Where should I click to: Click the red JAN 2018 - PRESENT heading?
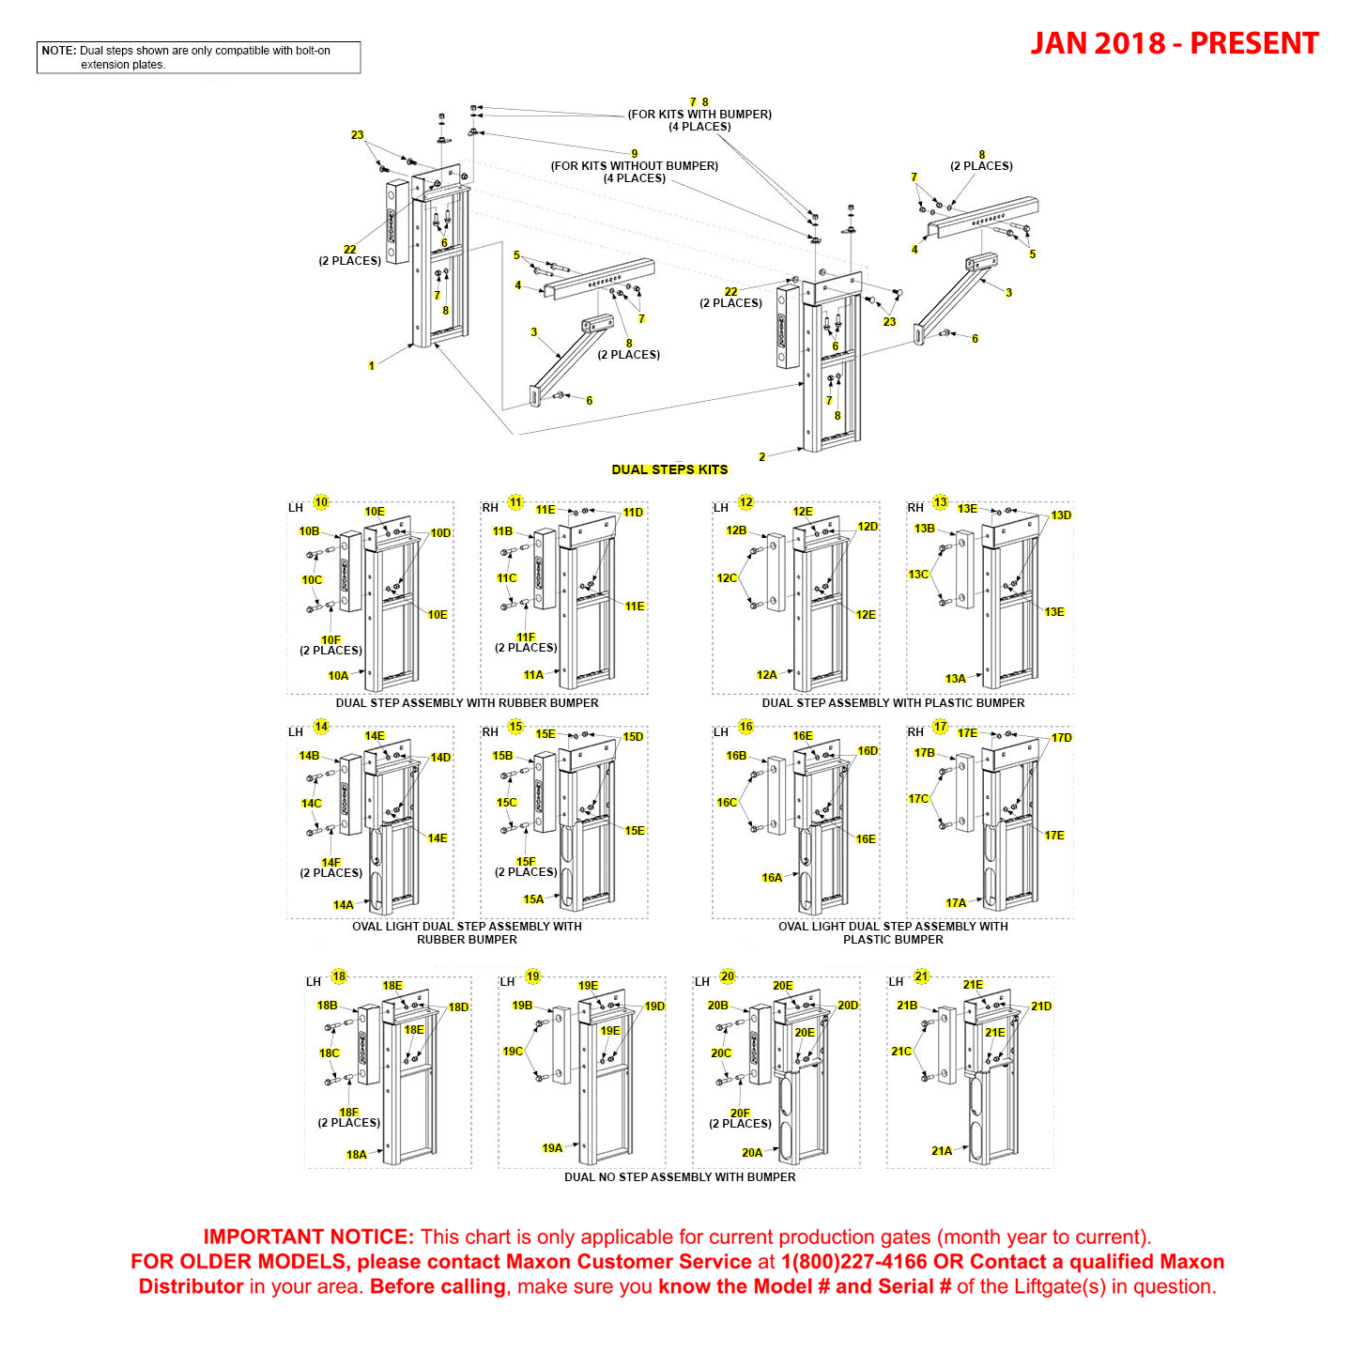pos(1174,44)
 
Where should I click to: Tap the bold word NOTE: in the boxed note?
pos(58,51)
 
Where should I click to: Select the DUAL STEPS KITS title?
pos(669,469)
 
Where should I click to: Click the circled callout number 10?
pos(321,502)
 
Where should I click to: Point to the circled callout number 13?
pos(941,502)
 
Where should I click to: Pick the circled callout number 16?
pos(746,727)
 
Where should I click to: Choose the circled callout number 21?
pos(922,976)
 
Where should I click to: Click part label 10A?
pos(338,675)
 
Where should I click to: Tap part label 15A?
pos(533,899)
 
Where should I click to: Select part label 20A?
pos(752,1153)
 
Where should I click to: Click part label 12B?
pos(736,530)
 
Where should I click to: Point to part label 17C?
pos(918,799)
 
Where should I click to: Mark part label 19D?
pos(654,1006)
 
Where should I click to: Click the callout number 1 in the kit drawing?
pos(372,366)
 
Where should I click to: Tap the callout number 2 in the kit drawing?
pos(762,457)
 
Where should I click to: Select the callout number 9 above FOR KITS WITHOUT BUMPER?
pos(635,154)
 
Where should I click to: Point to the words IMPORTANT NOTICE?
pos(308,1237)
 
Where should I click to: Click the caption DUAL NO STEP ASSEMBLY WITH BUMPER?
pos(680,1177)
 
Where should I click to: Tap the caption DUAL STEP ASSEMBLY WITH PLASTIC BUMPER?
pos(893,703)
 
